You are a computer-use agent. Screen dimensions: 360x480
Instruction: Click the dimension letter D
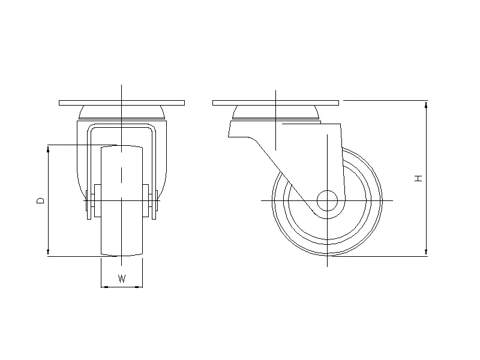(40, 200)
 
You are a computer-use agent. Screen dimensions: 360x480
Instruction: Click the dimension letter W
(122, 278)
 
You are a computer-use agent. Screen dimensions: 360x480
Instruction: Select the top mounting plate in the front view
(122, 103)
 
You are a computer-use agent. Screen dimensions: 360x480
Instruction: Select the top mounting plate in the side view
(275, 103)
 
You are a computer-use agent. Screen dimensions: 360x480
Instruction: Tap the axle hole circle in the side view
(327, 200)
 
